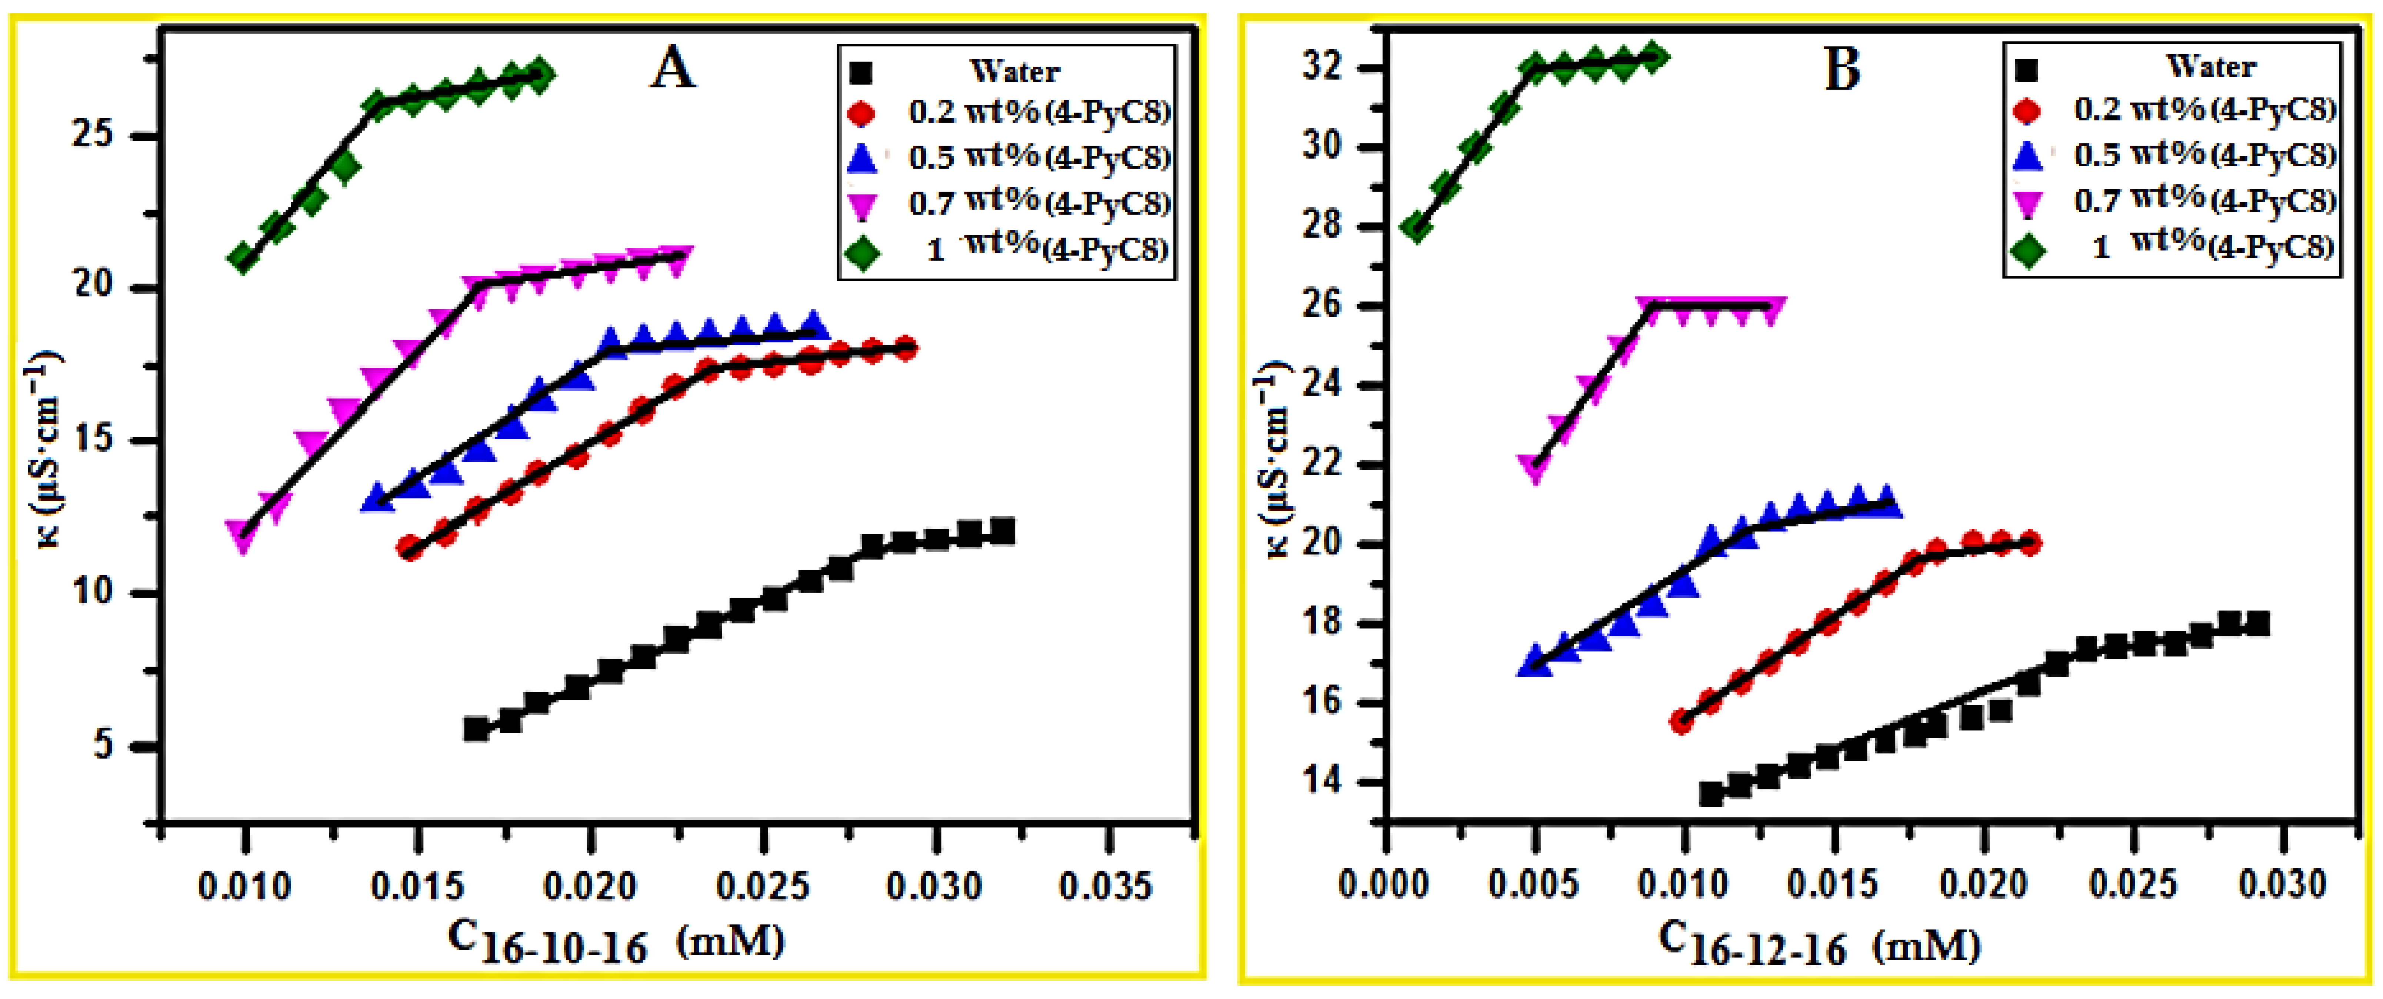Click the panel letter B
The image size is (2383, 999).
[1842, 70]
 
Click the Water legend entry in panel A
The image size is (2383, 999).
[1015, 71]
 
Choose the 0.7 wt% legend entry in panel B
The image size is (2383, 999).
[2204, 201]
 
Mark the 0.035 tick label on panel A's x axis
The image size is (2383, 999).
[1106, 886]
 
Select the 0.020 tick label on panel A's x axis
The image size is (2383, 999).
[590, 886]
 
